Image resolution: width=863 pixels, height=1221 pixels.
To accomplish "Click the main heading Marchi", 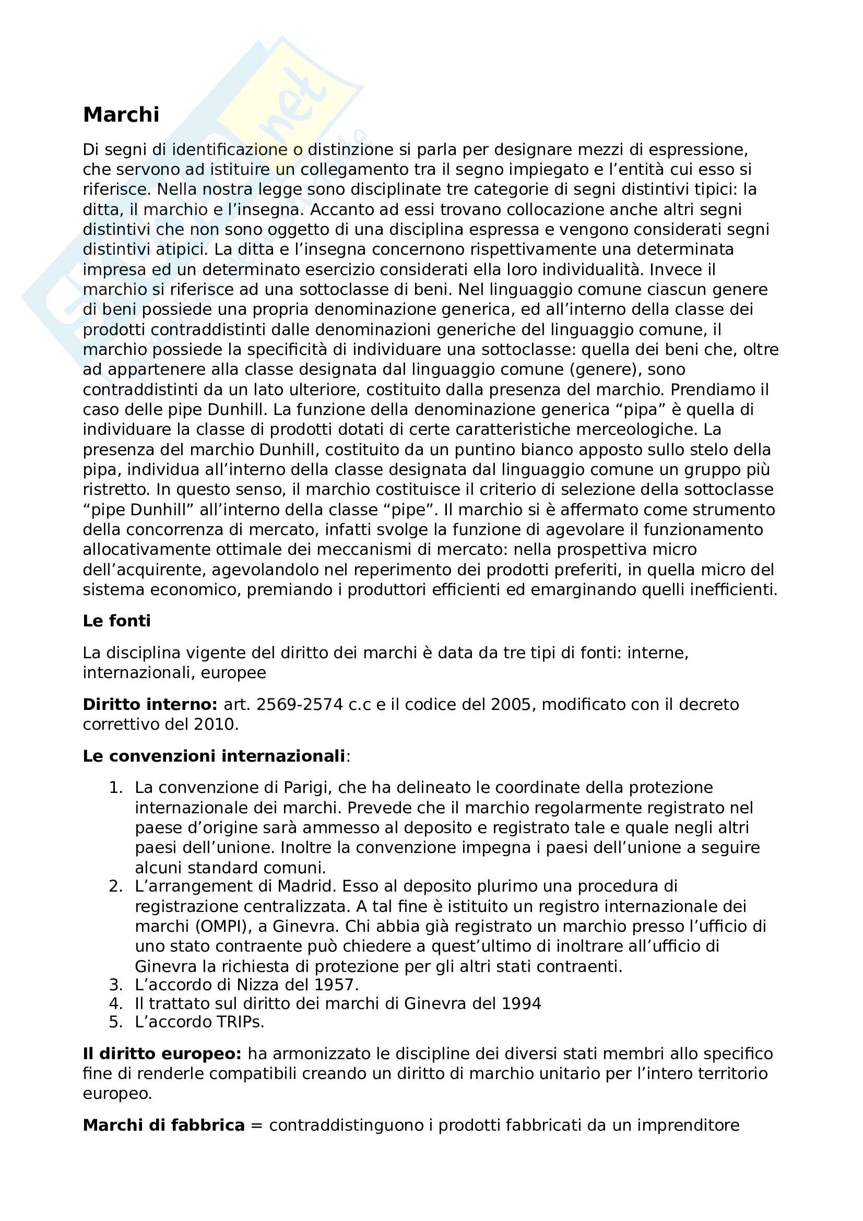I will (x=121, y=115).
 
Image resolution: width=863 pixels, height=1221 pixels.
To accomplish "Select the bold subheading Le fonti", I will (x=116, y=621).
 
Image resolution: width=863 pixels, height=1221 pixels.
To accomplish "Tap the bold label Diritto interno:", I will (x=150, y=704).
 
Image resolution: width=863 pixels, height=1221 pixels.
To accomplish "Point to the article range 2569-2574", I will (x=299, y=704).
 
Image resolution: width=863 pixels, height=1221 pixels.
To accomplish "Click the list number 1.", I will (x=115, y=788).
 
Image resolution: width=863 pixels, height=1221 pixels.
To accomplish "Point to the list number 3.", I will (x=115, y=985).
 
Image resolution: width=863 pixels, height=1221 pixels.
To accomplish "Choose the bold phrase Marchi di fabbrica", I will (x=163, y=1125).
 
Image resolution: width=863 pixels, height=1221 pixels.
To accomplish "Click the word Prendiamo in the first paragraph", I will (x=707, y=390).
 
